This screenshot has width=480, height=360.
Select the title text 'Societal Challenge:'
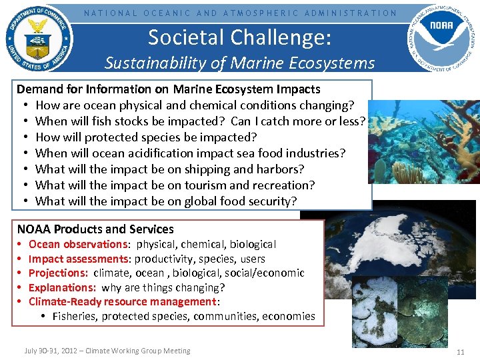coord(239,37)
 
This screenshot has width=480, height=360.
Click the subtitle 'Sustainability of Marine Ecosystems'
coord(239,63)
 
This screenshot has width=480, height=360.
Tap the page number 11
coord(460,351)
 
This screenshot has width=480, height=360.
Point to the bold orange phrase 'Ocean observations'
coord(77,245)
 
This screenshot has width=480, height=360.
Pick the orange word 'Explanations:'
coord(63,287)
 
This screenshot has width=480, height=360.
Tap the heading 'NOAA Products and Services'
coord(95,229)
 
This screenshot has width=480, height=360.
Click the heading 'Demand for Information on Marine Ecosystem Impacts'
coord(168,89)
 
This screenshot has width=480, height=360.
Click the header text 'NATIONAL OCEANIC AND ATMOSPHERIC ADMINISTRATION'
coord(240,13)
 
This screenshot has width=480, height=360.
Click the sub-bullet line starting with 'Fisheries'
coord(183,316)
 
